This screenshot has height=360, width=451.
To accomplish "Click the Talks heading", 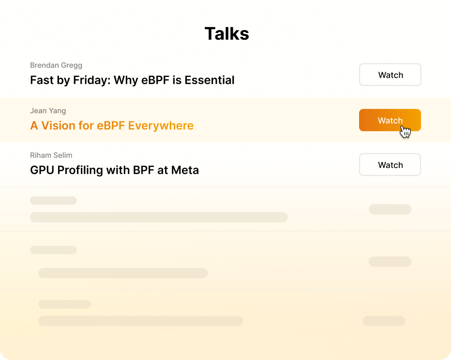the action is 226,34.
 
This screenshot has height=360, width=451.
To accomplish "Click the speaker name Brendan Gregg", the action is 56,65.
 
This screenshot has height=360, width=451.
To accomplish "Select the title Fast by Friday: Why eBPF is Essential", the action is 132,80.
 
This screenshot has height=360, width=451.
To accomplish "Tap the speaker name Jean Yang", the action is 48,111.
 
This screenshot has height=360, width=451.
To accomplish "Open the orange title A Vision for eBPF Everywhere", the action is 112,126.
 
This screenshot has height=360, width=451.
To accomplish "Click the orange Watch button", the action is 390,120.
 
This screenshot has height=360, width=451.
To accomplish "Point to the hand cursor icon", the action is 405,132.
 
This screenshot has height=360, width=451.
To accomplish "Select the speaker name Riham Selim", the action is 51,155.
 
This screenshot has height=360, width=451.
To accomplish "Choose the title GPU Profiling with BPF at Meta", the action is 115,170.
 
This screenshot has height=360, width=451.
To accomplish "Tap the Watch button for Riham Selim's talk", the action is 390,165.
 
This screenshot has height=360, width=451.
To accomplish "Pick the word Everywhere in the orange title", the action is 161,126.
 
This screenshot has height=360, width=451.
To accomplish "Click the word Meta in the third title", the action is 185,170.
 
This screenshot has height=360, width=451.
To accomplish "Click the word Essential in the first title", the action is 210,80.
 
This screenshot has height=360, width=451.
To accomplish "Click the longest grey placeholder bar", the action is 159,217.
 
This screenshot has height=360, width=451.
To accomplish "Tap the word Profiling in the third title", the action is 80,170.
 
